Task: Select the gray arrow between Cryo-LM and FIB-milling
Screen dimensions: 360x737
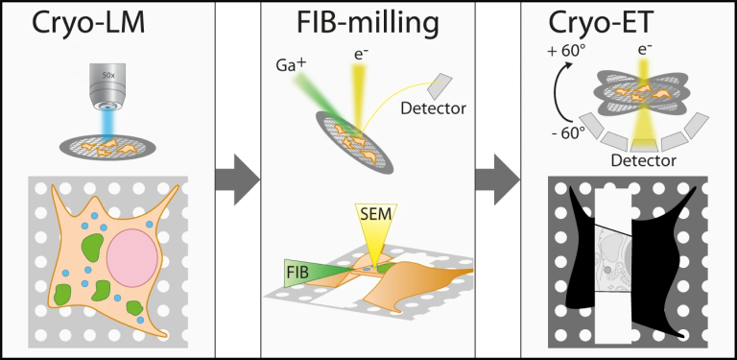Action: (x=237, y=179)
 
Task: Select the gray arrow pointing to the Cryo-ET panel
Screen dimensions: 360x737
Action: (x=497, y=179)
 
